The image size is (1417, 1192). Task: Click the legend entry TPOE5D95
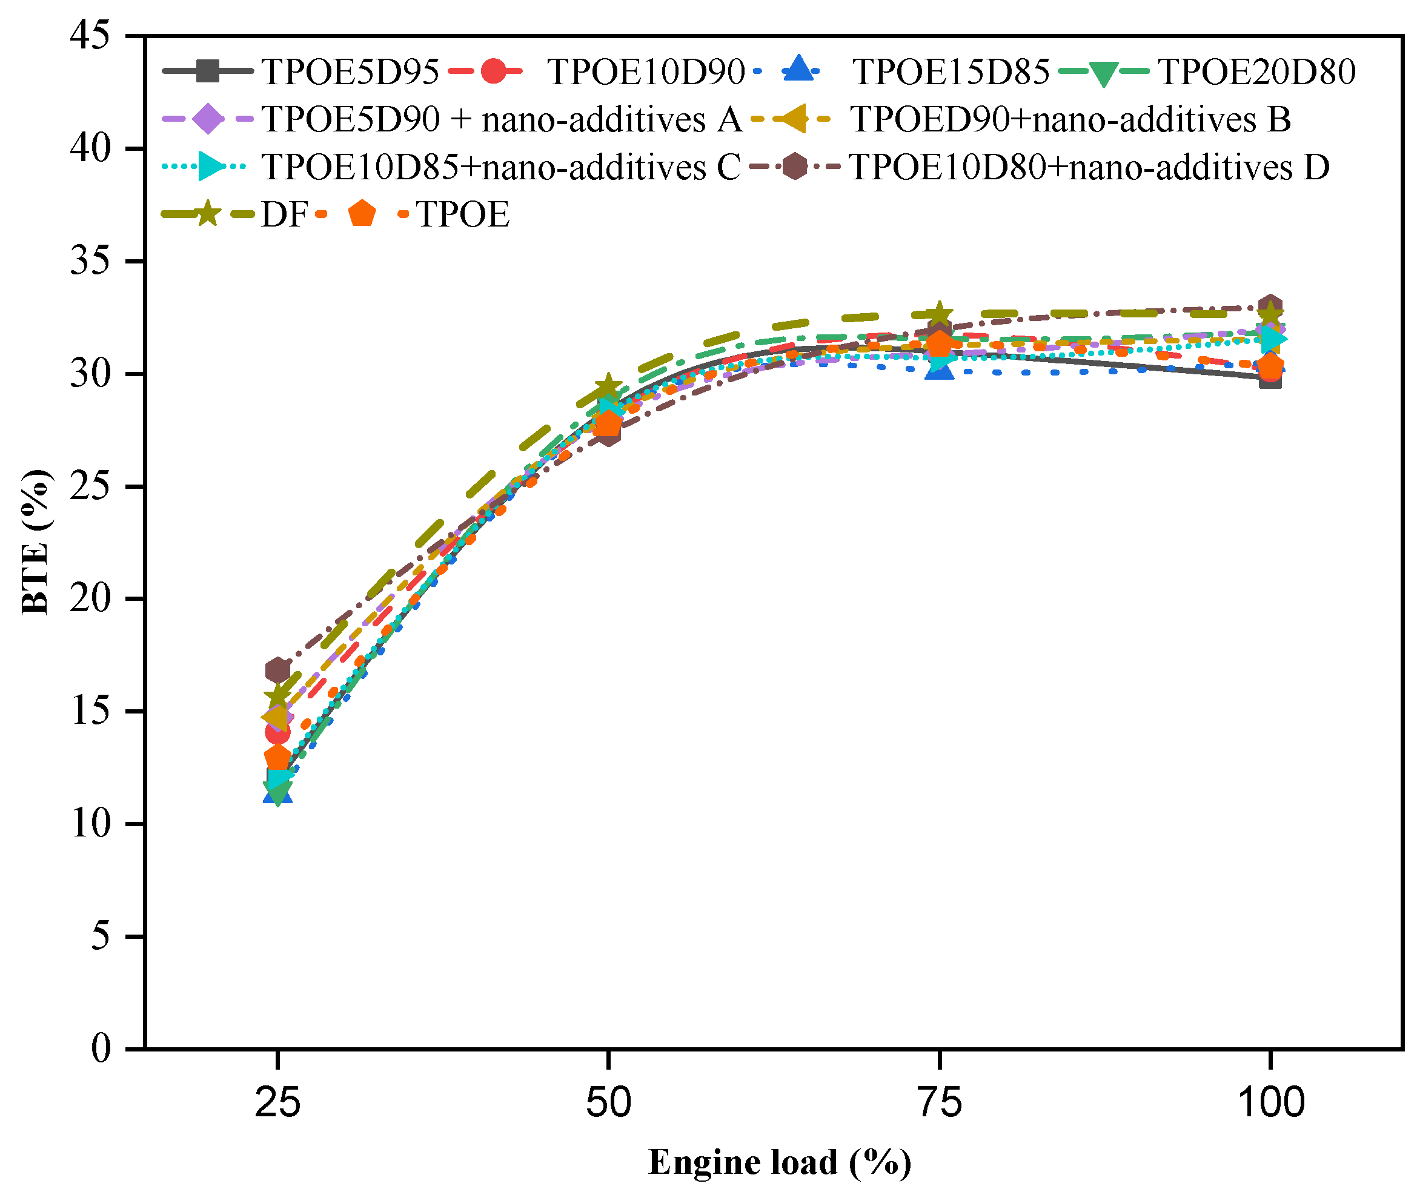click(350, 71)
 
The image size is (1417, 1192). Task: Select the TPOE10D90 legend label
click(646, 71)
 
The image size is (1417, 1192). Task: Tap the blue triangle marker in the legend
click(800, 70)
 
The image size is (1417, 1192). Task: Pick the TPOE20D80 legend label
click(1257, 71)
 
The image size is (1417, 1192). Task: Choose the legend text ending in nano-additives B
click(1070, 119)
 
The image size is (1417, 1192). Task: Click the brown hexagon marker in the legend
click(795, 166)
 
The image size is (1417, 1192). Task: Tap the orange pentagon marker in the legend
click(362, 214)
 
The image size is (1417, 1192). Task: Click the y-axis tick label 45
click(90, 35)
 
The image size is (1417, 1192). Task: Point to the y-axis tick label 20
click(90, 598)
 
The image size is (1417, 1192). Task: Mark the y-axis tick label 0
click(101, 1048)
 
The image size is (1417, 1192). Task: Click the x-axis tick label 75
click(939, 1103)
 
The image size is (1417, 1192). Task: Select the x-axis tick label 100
click(1270, 1103)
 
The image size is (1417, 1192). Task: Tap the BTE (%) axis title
click(35, 542)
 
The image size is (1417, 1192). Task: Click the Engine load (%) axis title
click(780, 1162)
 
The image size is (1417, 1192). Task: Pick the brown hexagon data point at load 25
click(277, 670)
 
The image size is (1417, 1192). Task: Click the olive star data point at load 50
click(608, 386)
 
